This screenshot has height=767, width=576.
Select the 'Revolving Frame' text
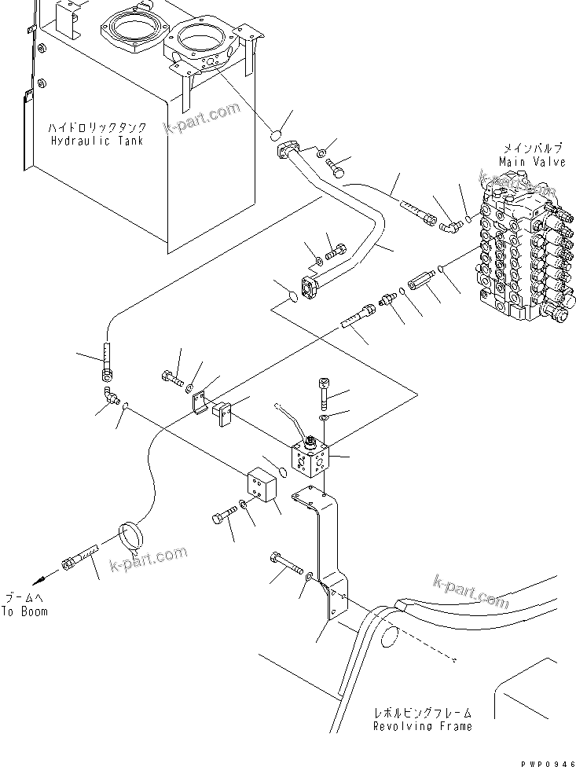pyautogui.click(x=424, y=726)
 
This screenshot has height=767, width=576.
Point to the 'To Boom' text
pyautogui.click(x=24, y=611)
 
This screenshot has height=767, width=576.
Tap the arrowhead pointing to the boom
pyautogui.click(x=39, y=578)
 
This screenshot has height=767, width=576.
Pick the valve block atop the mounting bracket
pyautogui.click(x=313, y=459)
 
